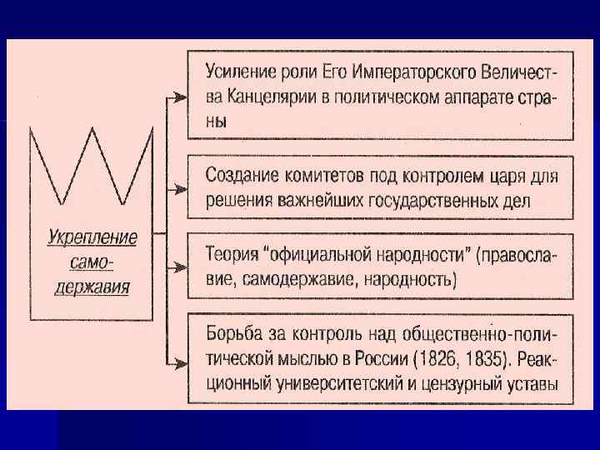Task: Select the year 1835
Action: pyautogui.click(x=487, y=361)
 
